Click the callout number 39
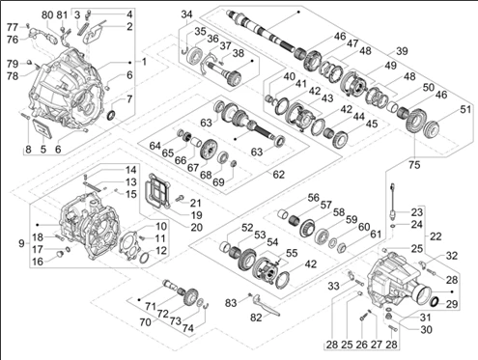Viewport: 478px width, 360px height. point(402,51)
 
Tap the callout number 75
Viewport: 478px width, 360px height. point(414,165)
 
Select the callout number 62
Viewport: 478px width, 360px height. point(279,175)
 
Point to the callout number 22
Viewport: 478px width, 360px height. point(436,236)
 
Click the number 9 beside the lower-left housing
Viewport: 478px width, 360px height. point(21,243)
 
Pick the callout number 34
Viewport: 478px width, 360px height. point(186,14)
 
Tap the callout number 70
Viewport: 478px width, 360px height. point(146,321)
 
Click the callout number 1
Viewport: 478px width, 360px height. point(144,62)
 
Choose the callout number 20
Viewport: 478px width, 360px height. point(197,228)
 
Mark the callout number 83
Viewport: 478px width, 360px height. point(231,303)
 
